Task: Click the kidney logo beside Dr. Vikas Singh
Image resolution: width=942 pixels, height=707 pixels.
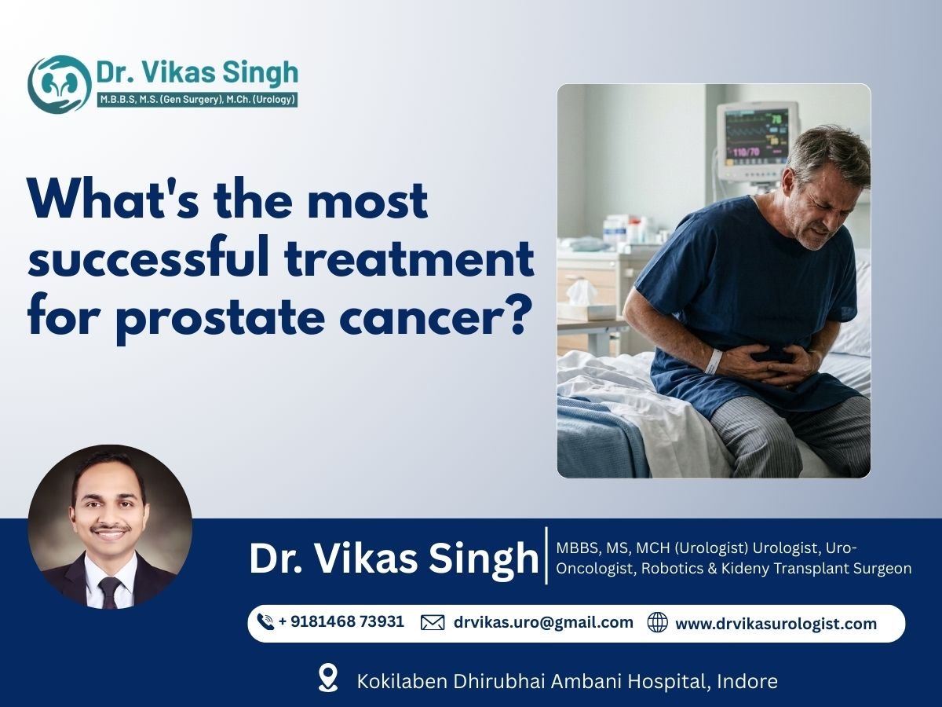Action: coord(60,84)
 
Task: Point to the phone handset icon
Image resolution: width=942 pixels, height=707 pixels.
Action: coord(265,621)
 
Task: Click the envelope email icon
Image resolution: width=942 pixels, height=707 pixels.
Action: coord(433,622)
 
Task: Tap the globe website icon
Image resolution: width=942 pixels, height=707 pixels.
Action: coord(658,622)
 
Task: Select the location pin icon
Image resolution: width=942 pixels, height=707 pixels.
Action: coord(328,678)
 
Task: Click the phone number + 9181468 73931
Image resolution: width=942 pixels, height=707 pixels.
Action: coord(341,621)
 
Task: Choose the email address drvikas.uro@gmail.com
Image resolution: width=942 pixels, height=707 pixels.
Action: coord(543,622)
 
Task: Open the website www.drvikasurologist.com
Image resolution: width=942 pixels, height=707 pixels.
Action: coord(776,624)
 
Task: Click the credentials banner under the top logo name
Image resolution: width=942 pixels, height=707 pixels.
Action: coord(197,100)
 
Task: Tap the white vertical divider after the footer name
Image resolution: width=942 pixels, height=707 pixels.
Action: coord(546,555)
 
